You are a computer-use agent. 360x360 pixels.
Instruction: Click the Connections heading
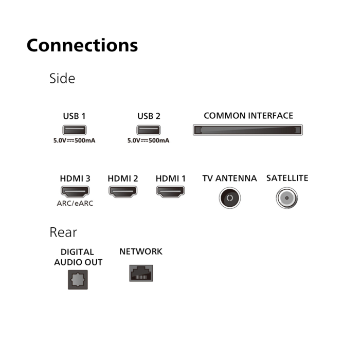(x=82, y=45)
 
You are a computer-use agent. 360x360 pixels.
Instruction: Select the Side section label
(x=62, y=78)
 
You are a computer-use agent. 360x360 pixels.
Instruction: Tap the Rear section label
(x=63, y=232)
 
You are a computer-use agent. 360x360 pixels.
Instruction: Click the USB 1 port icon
(x=75, y=130)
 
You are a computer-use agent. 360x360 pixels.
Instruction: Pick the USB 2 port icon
(x=149, y=130)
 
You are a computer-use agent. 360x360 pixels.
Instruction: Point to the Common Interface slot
(x=248, y=130)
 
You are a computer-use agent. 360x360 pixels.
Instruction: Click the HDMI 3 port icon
(x=75, y=191)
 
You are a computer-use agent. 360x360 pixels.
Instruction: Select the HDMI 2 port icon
(x=123, y=191)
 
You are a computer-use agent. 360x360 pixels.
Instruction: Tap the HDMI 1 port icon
(x=170, y=191)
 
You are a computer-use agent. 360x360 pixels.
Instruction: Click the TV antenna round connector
(x=229, y=198)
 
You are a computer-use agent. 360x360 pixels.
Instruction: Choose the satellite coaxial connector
(x=287, y=198)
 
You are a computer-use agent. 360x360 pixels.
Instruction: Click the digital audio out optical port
(x=78, y=280)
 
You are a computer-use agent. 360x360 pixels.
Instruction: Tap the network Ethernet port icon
(x=141, y=273)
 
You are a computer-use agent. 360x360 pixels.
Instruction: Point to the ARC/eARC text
(x=75, y=204)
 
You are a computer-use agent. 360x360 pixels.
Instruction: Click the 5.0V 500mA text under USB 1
(x=75, y=140)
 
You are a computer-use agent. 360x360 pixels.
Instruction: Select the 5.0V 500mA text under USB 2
(x=149, y=140)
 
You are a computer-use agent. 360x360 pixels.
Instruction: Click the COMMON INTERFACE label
(x=248, y=116)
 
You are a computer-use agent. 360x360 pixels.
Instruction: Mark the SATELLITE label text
(x=287, y=178)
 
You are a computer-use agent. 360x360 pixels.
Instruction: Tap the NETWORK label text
(x=141, y=251)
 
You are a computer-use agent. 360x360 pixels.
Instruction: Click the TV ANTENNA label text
(x=229, y=178)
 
